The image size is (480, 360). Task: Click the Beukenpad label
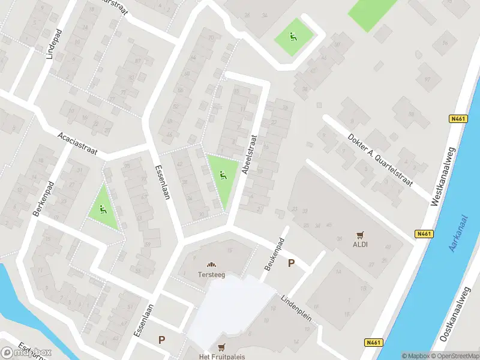coord(274,254)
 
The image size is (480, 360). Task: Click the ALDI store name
coord(361,245)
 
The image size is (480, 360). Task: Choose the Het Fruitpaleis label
coord(222,356)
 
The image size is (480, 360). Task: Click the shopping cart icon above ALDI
coord(361,235)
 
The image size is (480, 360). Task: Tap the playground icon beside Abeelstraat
coord(223,175)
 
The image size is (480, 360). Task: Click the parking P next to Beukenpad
coord(292,263)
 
